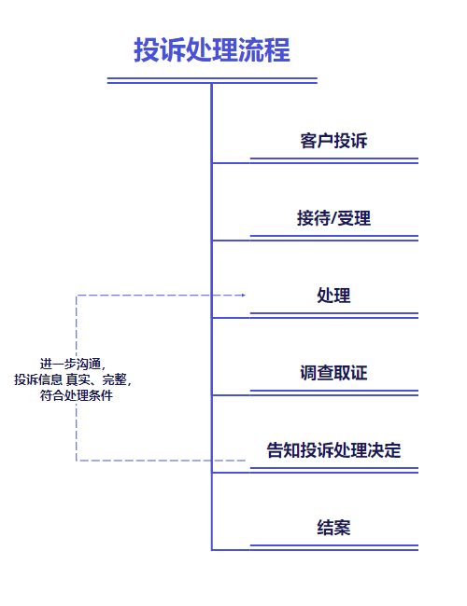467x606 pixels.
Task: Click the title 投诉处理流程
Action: pyautogui.click(x=212, y=49)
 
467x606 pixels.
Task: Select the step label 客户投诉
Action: pyautogui.click(x=333, y=140)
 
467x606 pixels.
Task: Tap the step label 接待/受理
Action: pyautogui.click(x=333, y=218)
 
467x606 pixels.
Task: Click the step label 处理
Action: pyautogui.click(x=333, y=296)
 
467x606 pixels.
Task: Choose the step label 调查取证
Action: pyautogui.click(x=333, y=373)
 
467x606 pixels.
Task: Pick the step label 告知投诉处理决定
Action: pyautogui.click(x=333, y=450)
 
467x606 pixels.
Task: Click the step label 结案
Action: pyautogui.click(x=333, y=527)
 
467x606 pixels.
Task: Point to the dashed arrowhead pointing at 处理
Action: pyautogui.click(x=243, y=296)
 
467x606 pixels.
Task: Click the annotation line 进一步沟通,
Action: pyautogui.click(x=73, y=364)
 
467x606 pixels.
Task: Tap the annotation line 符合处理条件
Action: pyautogui.click(x=77, y=395)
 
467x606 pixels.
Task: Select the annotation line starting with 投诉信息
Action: pyautogui.click(x=73, y=379)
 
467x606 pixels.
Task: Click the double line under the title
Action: pyautogui.click(x=212, y=80)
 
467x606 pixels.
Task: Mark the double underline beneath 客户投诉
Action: pyautogui.click(x=334, y=160)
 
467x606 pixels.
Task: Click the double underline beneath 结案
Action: pyautogui.click(x=334, y=547)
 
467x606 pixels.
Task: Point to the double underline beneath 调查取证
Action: pyautogui.click(x=334, y=393)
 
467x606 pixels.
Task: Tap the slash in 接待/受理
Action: pyautogui.click(x=333, y=218)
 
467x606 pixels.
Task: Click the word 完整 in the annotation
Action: pyautogui.click(x=114, y=379)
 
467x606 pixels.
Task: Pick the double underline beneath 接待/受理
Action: pyautogui.click(x=334, y=238)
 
